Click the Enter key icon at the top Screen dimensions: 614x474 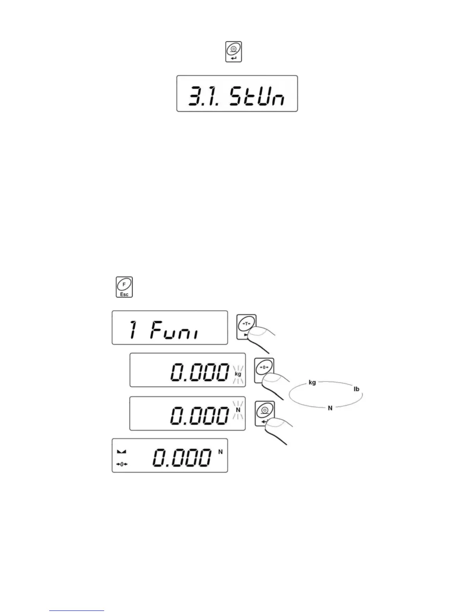pyautogui.click(x=234, y=52)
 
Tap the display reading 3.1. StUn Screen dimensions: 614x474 pyautogui.click(x=237, y=94)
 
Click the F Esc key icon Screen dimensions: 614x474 pyautogui.click(x=124, y=287)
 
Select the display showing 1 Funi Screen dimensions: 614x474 pyautogui.click(x=170, y=328)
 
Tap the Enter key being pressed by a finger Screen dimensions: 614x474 pyautogui.click(x=264, y=413)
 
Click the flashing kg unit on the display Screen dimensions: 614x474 pyautogui.click(x=238, y=374)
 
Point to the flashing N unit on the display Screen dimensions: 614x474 pyautogui.click(x=238, y=410)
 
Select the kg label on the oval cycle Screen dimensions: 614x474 pyautogui.click(x=312, y=383)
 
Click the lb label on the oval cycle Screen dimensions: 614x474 pyautogui.click(x=356, y=389)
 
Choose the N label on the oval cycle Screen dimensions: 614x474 pyautogui.click(x=330, y=408)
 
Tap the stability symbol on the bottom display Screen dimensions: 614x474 pyautogui.click(x=121, y=452)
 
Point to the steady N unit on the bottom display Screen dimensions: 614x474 pyautogui.click(x=221, y=452)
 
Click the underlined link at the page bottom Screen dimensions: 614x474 pyautogui.click(x=77, y=611)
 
